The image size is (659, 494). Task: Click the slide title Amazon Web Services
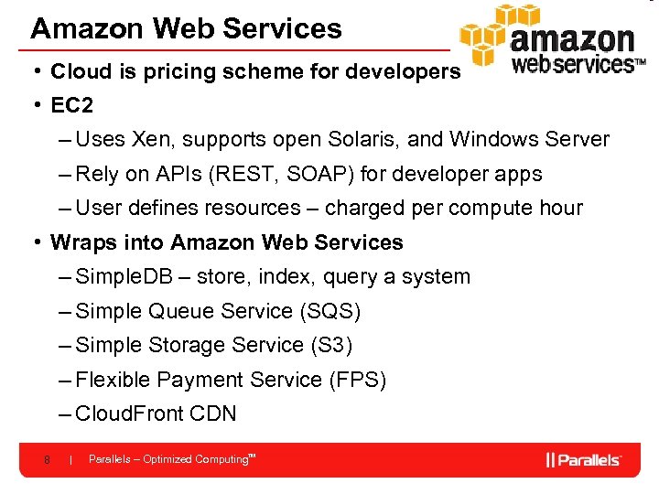186,28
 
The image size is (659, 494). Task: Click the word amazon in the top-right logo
572,40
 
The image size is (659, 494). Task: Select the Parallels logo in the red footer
584,459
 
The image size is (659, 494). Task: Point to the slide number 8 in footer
46,459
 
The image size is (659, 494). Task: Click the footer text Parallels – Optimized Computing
170,459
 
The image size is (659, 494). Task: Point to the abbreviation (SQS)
329,311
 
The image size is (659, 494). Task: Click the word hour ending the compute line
560,209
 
